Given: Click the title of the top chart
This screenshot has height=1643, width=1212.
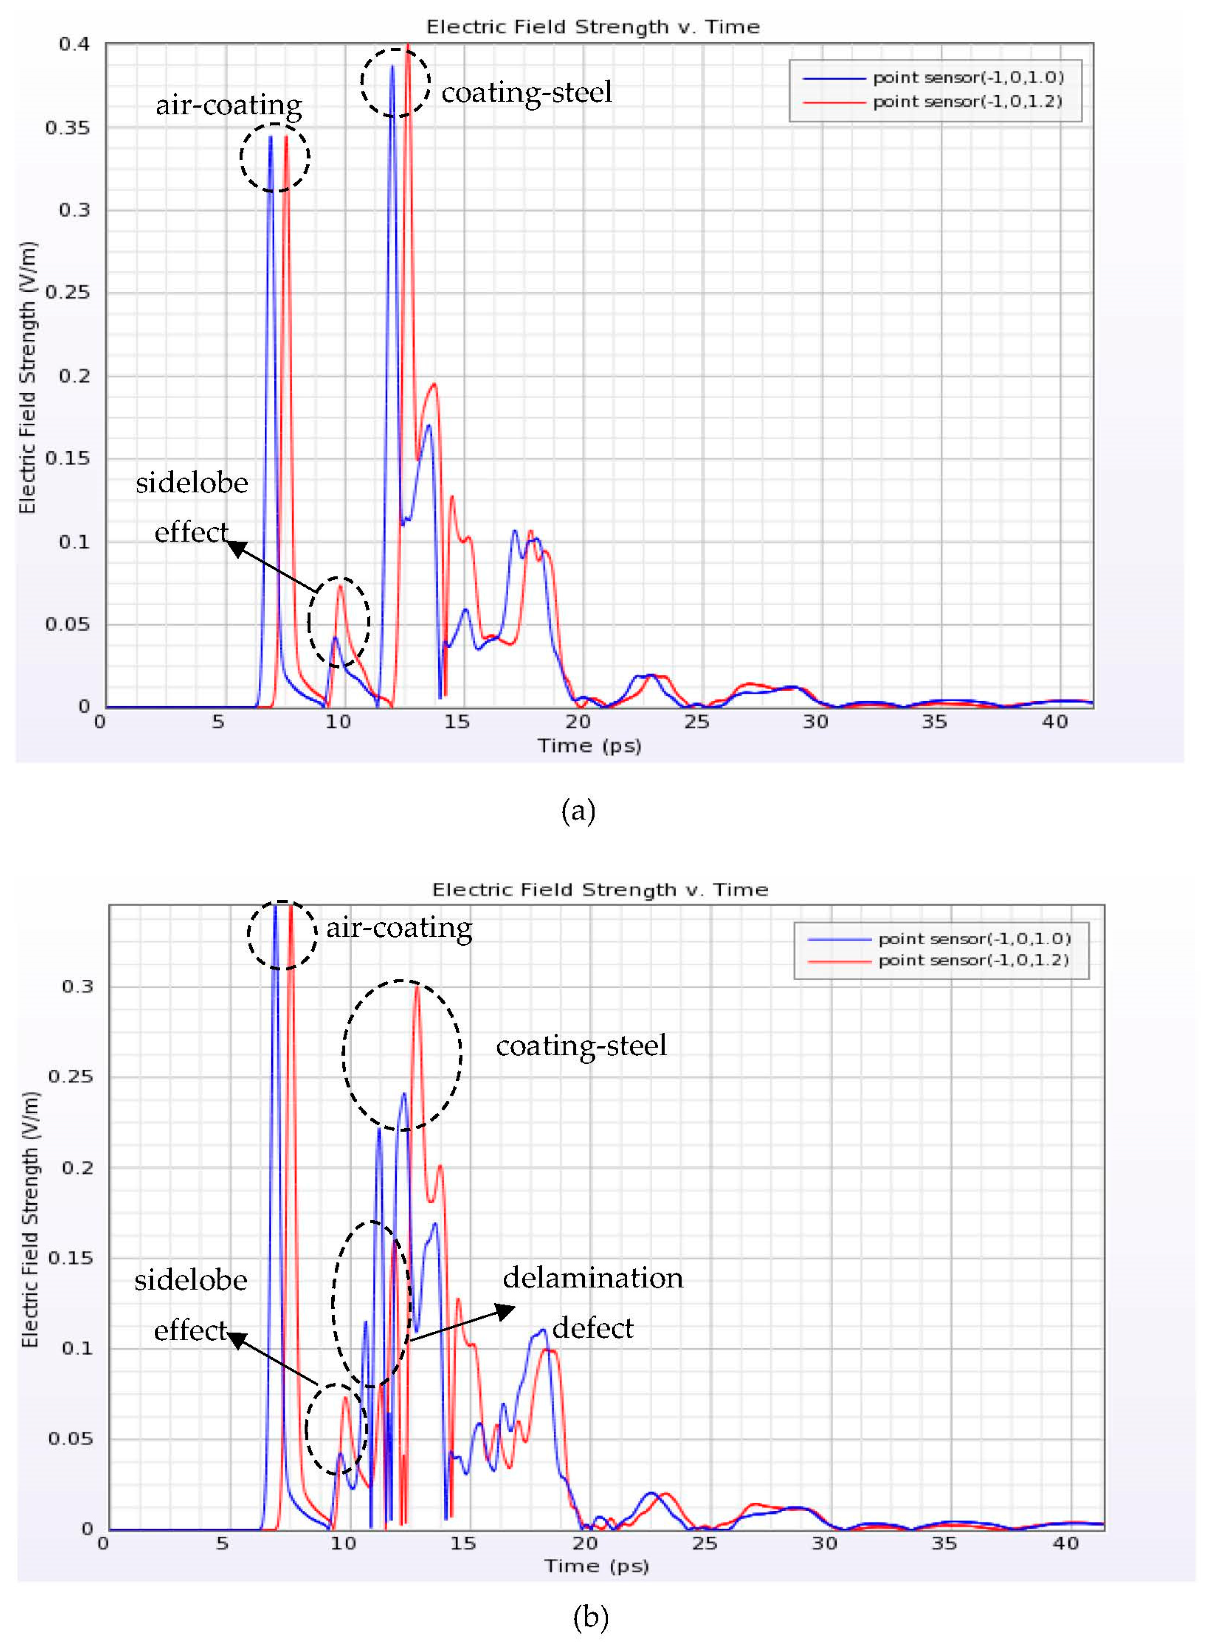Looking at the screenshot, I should click(x=593, y=27).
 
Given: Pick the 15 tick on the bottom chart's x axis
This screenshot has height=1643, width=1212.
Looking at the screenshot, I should click(x=463, y=1543).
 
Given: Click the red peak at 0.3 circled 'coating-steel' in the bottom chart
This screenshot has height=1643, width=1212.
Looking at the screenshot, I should click(x=417, y=988).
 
